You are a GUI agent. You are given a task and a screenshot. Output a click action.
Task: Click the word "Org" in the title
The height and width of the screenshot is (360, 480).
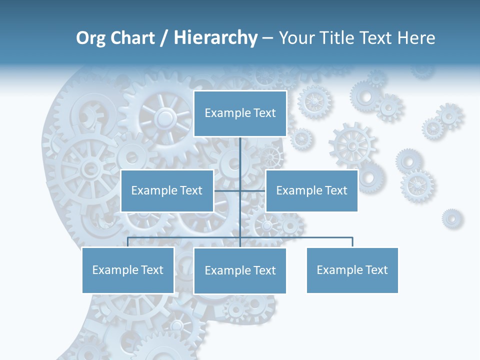pos(91,38)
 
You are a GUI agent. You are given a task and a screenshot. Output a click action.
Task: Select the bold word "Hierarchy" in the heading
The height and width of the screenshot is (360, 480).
pos(215,38)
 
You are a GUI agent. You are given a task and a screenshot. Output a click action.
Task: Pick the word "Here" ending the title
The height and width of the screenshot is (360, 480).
pos(416,38)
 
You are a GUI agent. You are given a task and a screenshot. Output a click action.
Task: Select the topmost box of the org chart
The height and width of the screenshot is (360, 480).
pos(240,113)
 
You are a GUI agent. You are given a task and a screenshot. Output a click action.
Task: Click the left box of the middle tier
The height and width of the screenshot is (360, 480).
pos(167,190)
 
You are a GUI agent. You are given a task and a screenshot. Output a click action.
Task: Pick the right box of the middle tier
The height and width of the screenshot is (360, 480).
pos(311,190)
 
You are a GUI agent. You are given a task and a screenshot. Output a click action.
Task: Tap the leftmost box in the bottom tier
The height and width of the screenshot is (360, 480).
pos(127,270)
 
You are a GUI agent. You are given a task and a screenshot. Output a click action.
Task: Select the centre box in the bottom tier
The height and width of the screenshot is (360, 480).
pos(240,270)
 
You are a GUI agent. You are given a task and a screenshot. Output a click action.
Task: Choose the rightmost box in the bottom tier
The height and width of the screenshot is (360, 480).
pos(352,270)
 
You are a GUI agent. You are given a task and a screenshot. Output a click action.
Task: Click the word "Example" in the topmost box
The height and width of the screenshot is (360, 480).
pos(227,113)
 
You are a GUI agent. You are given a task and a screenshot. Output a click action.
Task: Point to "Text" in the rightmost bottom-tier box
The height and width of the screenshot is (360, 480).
pos(376,270)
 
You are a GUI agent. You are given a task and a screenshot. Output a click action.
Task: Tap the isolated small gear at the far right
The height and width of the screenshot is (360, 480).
pos(451,218)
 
